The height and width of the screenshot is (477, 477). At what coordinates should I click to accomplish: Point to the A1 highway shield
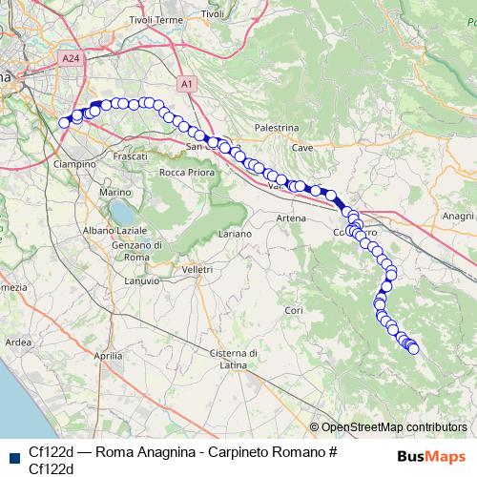point(187,84)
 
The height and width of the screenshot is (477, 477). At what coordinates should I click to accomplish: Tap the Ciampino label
point(74,163)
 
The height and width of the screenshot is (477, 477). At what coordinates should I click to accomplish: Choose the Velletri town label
point(197,270)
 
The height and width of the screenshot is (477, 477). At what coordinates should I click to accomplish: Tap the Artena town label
point(291,218)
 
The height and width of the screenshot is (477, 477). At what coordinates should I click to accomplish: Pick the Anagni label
point(459,217)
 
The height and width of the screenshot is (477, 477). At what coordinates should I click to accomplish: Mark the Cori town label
point(294,311)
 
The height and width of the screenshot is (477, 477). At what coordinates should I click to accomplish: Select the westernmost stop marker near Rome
point(65,122)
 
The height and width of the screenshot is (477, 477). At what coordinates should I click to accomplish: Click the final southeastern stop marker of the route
point(414,349)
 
